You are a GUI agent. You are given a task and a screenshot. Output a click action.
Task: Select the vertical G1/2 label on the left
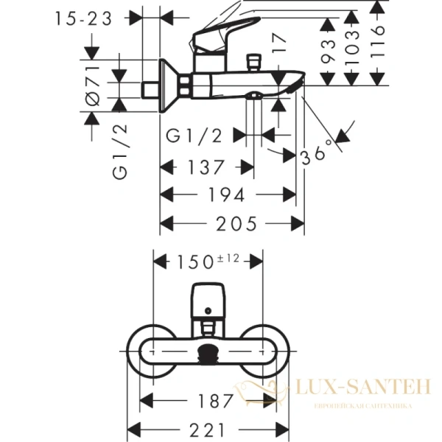coord(121,153)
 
